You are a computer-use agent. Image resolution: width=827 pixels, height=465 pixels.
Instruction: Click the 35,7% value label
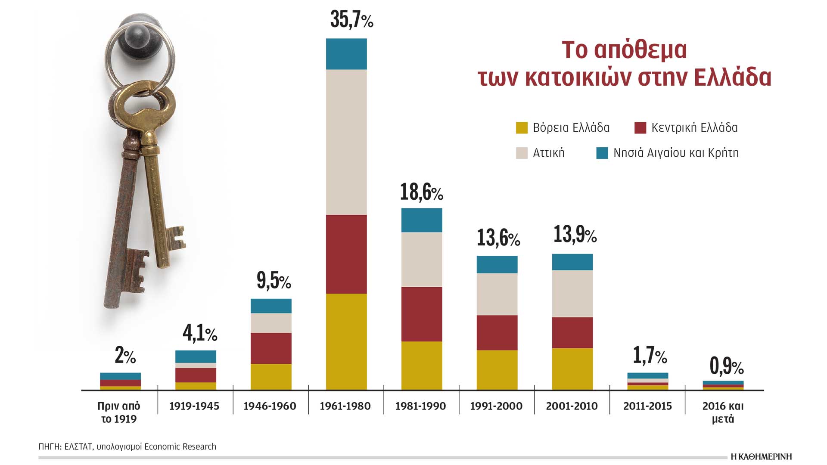[351, 20]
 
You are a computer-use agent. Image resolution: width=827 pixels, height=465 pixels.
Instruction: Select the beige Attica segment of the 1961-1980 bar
[346, 142]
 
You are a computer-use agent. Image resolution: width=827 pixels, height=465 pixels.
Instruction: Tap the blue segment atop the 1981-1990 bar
[422, 220]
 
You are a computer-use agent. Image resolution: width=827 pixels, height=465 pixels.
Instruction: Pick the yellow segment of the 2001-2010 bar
[572, 369]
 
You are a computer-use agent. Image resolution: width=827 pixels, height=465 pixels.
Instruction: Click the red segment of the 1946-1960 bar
[271, 348]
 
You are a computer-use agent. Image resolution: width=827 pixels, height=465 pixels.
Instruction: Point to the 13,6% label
[498, 238]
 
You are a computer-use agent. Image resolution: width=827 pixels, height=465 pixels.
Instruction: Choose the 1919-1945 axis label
[194, 406]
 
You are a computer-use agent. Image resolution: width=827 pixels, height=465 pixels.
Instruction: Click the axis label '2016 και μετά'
[723, 412]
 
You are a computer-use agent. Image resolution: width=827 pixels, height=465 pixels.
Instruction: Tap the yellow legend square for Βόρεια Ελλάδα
[522, 128]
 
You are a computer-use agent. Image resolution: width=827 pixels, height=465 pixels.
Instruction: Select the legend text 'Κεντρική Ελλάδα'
[694, 128]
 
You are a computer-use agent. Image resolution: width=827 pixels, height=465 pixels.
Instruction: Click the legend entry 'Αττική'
[548, 153]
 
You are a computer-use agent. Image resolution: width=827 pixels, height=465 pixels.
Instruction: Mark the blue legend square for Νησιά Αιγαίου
[602, 153]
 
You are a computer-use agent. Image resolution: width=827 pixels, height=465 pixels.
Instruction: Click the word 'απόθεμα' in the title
[640, 50]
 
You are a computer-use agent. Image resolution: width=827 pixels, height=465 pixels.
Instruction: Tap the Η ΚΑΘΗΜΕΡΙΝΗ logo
[762, 457]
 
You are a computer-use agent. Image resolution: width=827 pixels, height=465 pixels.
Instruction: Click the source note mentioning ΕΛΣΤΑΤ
[127, 446]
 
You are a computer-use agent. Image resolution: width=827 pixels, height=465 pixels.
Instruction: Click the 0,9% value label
[727, 366]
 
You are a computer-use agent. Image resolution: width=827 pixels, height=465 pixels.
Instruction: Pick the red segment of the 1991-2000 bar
[497, 333]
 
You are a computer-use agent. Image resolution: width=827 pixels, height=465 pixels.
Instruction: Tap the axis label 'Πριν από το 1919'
[119, 412]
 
